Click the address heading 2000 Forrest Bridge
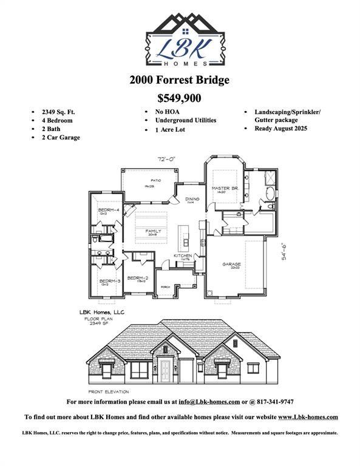pos(180,80)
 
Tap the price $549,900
pos(179,98)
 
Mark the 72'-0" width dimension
pos(166,159)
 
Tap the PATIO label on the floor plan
pos(148,180)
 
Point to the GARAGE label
pos(231,264)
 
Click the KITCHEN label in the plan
pos(183,256)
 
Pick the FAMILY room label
pos(154,231)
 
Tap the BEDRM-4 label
pos(108,210)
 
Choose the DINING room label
pos(192,198)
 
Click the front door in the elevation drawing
pos(165,368)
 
